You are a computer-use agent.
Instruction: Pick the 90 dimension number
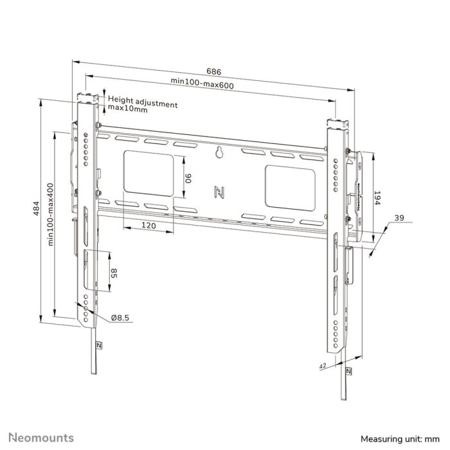pyautogui.click(x=188, y=177)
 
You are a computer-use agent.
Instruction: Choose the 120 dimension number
pyautogui.click(x=148, y=226)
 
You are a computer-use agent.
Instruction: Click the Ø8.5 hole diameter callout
pyautogui.click(x=120, y=317)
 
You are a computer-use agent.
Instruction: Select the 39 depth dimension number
pyautogui.click(x=399, y=219)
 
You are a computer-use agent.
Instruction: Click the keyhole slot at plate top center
pyautogui.click(x=220, y=153)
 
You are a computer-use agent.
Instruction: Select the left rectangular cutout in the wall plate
pyautogui.click(x=147, y=172)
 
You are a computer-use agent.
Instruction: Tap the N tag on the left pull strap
pyautogui.click(x=98, y=344)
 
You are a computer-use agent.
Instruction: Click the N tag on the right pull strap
pyautogui.click(x=348, y=371)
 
